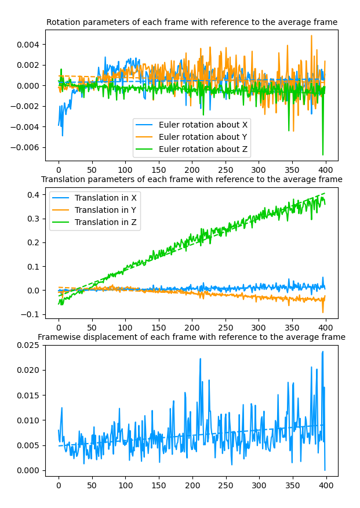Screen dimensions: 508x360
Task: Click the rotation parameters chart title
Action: click(x=192, y=23)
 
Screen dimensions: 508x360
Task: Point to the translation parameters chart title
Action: click(x=192, y=180)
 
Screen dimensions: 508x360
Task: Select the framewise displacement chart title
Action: click(x=192, y=338)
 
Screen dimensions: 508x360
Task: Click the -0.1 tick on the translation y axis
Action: click(x=31, y=314)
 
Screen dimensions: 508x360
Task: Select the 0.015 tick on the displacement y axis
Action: click(x=29, y=395)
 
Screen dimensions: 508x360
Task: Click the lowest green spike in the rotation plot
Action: click(x=323, y=155)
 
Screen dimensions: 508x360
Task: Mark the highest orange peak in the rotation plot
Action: click(x=311, y=36)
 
